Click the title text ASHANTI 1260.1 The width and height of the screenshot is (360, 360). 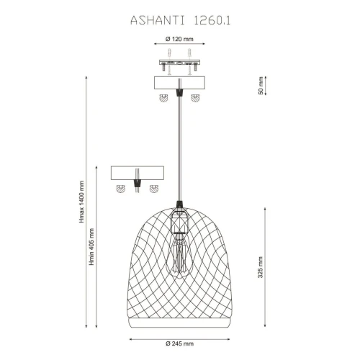[180, 21]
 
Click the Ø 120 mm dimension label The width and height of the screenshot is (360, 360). [179, 39]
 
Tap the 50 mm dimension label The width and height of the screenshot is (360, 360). [261, 86]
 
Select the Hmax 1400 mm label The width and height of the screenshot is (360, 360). [81, 202]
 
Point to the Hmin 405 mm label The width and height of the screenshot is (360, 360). [91, 247]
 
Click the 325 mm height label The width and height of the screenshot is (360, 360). [261, 267]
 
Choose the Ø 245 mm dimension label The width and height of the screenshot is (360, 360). [179, 343]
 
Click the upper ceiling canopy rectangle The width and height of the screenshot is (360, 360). [179, 83]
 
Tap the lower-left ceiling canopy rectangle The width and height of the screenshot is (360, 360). [138, 173]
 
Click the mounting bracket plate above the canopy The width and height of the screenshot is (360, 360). [179, 63]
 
